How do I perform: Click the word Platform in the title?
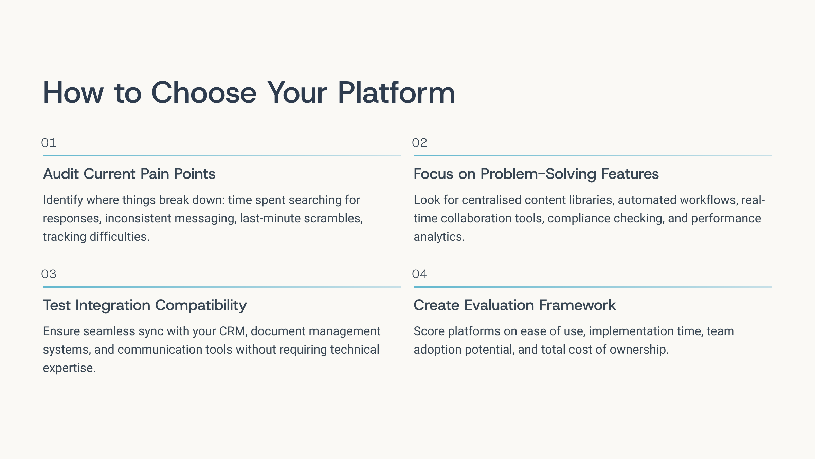point(396,92)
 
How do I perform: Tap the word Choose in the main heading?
point(204,92)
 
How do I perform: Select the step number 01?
point(49,143)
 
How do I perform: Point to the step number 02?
point(419,143)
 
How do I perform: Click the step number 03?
point(49,274)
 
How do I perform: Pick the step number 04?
point(419,274)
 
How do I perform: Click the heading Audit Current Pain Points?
point(129,174)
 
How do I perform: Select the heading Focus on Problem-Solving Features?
point(536,174)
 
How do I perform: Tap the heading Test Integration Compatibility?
point(145,305)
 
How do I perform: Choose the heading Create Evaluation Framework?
point(515,305)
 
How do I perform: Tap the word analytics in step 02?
point(439,237)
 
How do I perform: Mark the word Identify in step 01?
point(63,200)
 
